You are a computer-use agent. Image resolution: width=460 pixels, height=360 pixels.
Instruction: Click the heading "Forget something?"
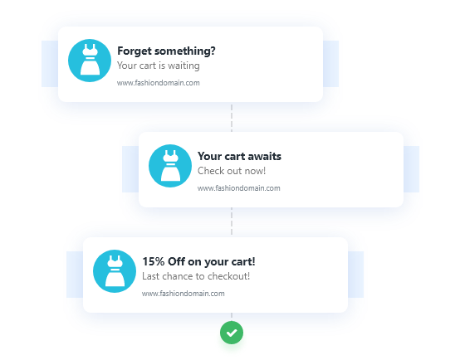(166, 51)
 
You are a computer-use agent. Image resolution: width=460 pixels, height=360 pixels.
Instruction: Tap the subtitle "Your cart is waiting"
(159, 66)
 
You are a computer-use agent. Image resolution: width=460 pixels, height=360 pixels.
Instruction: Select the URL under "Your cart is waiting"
(159, 83)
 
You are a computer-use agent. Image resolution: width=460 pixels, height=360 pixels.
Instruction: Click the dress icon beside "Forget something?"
(90, 61)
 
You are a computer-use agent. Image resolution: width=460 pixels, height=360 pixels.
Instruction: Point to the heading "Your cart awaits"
(239, 156)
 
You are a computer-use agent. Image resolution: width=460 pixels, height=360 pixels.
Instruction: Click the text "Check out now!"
(232, 171)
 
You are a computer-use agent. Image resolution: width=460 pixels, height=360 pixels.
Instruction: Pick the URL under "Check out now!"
(239, 188)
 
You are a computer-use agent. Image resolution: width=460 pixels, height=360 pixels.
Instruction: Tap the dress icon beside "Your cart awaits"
(170, 166)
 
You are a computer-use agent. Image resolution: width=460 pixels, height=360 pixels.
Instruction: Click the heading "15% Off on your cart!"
(199, 262)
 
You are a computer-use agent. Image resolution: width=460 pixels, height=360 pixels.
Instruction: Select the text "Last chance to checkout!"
(196, 276)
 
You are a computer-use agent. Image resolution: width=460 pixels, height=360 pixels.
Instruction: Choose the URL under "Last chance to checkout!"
(184, 294)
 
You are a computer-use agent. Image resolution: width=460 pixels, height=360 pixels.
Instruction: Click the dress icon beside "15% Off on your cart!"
(115, 271)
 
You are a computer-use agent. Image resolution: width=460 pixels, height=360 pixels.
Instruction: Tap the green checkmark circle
(232, 333)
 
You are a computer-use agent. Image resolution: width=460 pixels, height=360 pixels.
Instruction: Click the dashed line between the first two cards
(232, 118)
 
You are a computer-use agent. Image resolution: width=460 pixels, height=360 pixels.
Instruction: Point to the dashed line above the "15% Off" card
(232, 221)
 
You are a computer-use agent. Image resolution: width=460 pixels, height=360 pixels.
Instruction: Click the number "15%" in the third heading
(154, 261)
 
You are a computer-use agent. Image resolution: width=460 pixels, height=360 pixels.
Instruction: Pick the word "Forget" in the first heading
(135, 51)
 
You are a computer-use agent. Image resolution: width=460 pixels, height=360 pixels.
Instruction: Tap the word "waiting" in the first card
(184, 66)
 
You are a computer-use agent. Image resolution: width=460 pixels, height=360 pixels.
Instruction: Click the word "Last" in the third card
(151, 276)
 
